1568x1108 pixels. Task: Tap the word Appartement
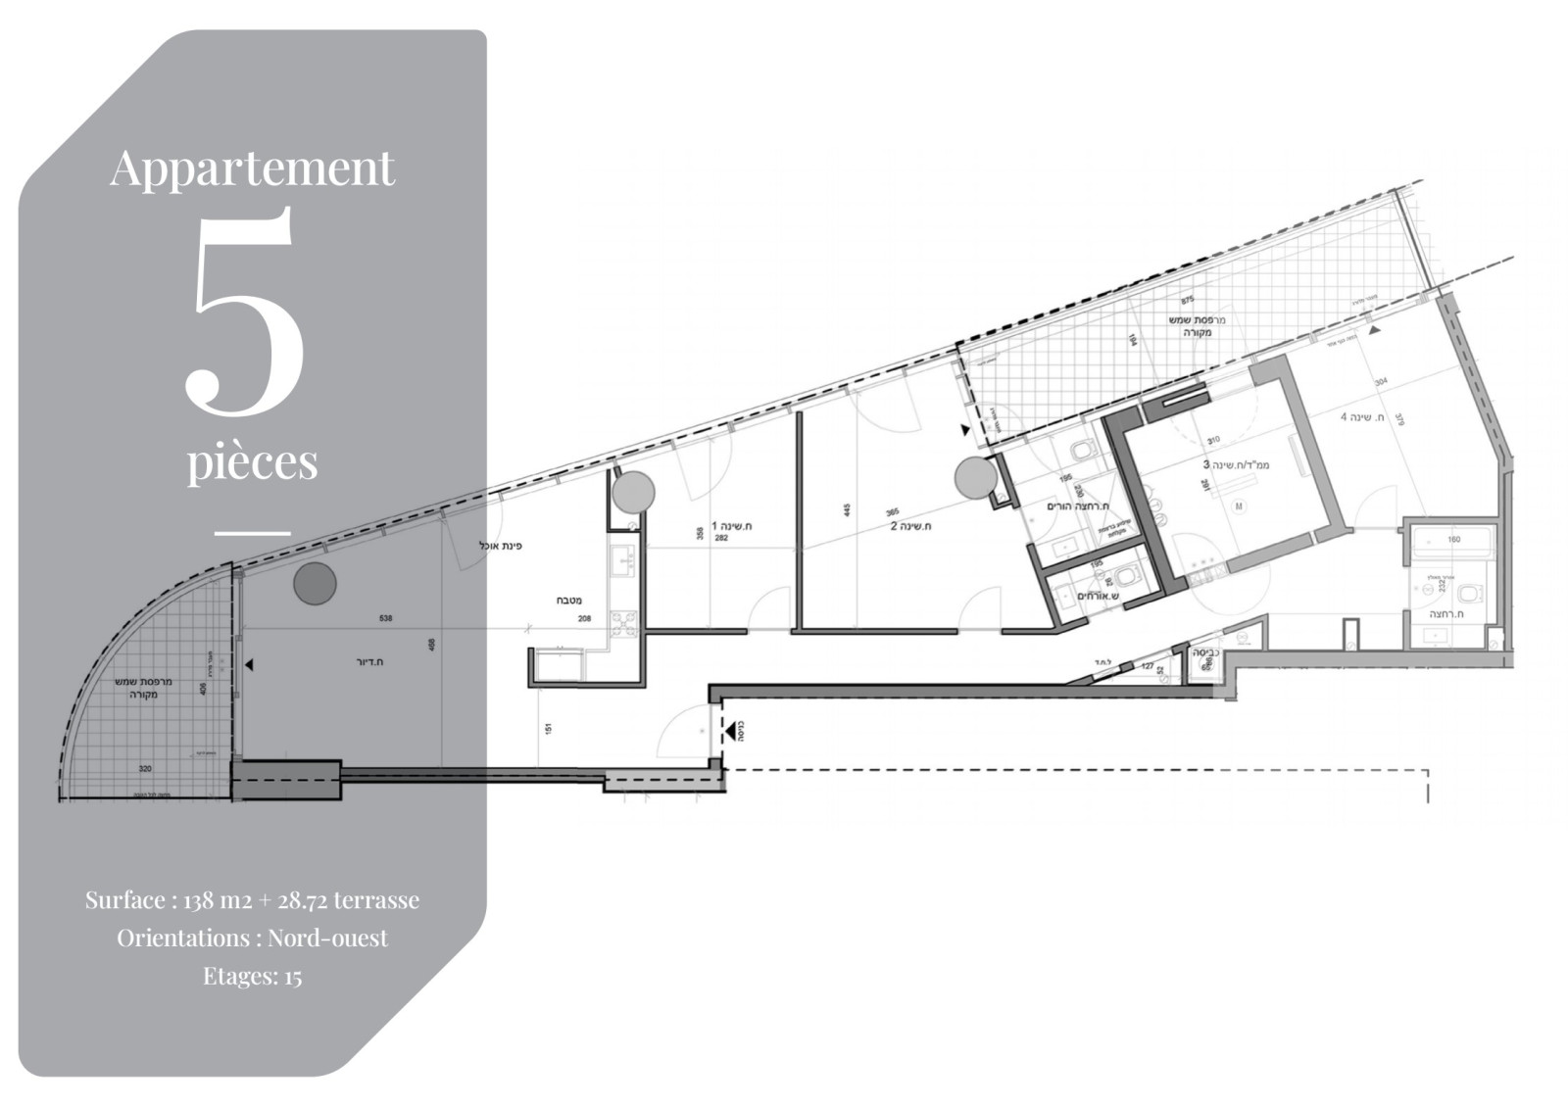(x=252, y=168)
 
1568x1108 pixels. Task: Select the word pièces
(x=253, y=460)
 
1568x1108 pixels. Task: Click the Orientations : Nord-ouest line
(x=252, y=938)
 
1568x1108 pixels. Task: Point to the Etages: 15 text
(x=252, y=976)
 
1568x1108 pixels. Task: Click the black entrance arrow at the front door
(x=730, y=730)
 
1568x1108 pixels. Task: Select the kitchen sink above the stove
(x=622, y=560)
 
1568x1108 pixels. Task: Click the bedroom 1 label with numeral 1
(x=731, y=526)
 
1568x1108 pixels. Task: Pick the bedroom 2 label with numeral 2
(x=910, y=526)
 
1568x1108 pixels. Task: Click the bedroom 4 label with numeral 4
(x=1361, y=417)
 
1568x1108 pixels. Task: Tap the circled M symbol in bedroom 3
(x=1239, y=506)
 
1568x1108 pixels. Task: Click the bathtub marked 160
(x=1452, y=541)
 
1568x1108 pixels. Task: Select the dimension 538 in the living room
(x=385, y=618)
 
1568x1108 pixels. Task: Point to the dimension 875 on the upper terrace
(x=1188, y=300)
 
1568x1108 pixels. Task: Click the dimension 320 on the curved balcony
(x=145, y=769)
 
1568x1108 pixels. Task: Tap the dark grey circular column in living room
(x=315, y=584)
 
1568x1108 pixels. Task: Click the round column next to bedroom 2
(x=976, y=478)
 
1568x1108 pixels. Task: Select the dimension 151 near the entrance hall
(x=548, y=729)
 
